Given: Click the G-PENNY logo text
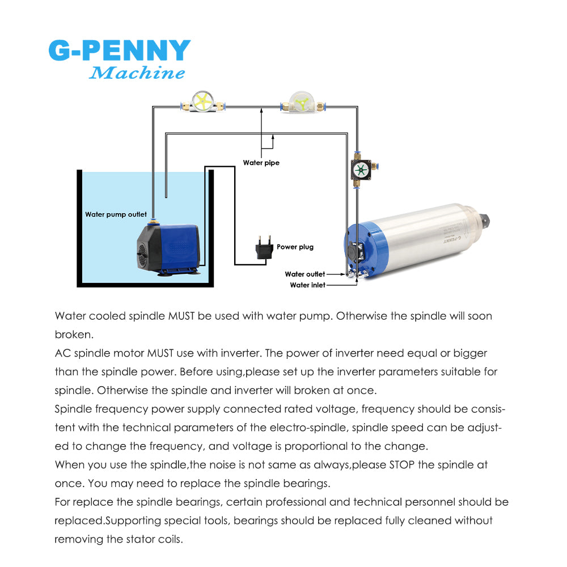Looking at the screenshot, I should (x=119, y=51).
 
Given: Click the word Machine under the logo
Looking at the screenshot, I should (x=137, y=73).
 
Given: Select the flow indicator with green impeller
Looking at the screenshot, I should (x=301, y=104).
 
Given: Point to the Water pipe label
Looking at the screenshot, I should (x=261, y=163).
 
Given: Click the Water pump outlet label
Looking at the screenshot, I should (x=116, y=214).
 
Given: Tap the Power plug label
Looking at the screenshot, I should (x=295, y=247).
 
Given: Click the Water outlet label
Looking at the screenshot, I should (x=305, y=274).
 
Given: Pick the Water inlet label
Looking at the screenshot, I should (x=308, y=285).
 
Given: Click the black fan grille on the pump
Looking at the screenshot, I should (x=143, y=253).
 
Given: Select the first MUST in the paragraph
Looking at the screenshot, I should (x=182, y=316).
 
